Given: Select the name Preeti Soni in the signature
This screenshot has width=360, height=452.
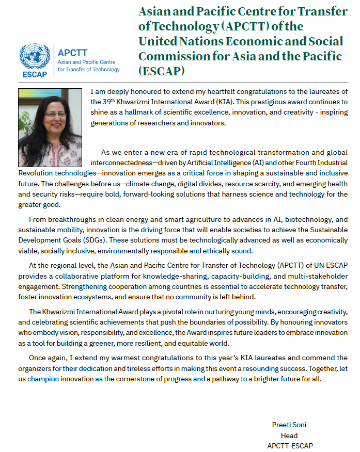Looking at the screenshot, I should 289,425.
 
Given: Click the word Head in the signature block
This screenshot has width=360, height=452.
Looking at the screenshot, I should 289,435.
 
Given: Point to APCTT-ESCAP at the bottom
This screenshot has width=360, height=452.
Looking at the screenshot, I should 290,445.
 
